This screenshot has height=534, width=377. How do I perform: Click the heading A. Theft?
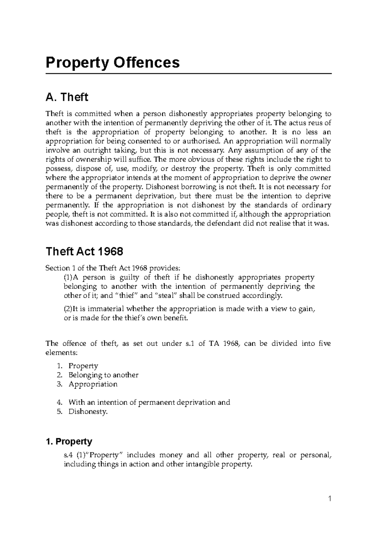pos(67,97)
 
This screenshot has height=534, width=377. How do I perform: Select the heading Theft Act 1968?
pos(84,252)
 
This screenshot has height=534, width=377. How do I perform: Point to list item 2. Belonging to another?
pos(103,375)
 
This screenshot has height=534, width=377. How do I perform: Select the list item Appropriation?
pos(93,384)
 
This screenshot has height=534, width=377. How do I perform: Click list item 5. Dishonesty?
pos(88,411)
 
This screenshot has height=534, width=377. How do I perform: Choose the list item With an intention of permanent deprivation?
pos(149,402)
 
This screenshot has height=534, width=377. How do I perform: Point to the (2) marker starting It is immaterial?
pos(68,309)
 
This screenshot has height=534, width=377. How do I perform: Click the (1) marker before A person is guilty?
pos(68,277)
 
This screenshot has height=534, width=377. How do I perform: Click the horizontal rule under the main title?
pos(188,74)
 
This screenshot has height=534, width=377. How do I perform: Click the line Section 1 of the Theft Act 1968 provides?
pos(113,268)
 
